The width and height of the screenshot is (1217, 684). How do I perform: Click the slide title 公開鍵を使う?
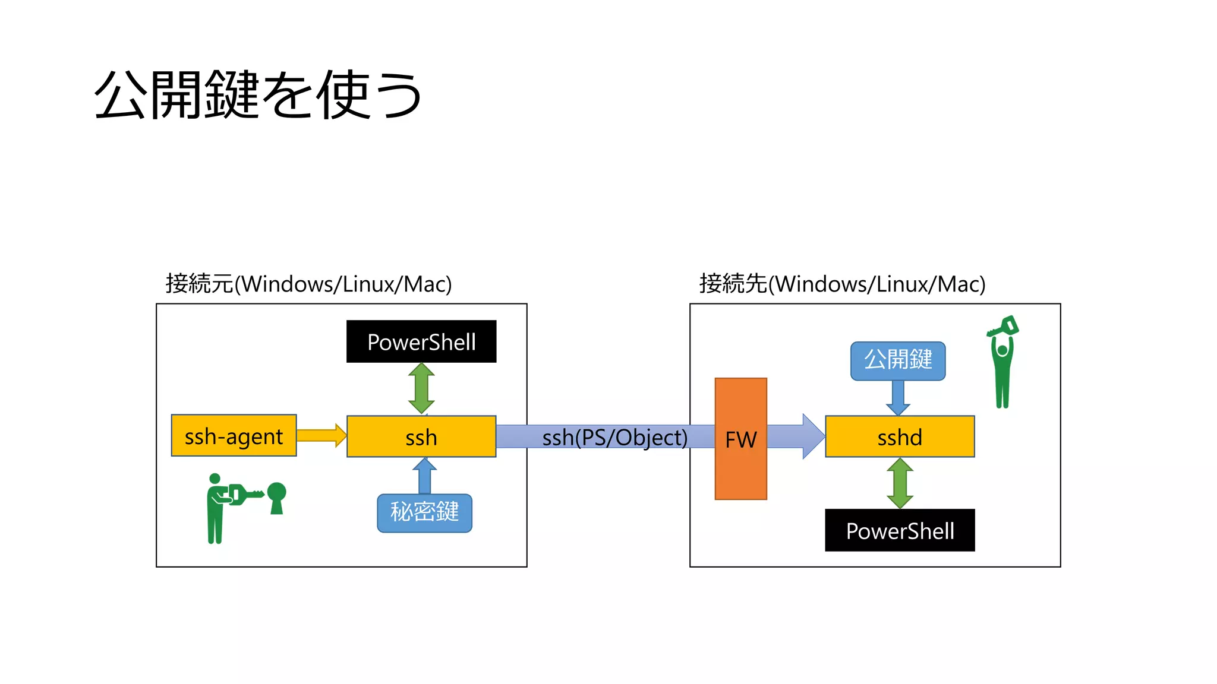pyautogui.click(x=257, y=95)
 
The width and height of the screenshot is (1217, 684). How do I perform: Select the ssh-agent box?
pyautogui.click(x=234, y=436)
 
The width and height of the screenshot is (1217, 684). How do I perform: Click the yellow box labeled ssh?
pyautogui.click(x=421, y=436)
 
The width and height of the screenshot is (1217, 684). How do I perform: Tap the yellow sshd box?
pyautogui.click(x=899, y=436)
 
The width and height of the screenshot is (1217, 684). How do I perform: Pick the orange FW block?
pyautogui.click(x=740, y=439)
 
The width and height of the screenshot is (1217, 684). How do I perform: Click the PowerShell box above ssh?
pyautogui.click(x=421, y=341)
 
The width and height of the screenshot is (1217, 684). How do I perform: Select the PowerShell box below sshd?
pyautogui.click(x=899, y=530)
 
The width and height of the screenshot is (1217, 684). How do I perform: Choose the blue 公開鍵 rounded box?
pyautogui.click(x=897, y=360)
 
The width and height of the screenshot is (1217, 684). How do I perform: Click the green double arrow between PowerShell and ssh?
pyautogui.click(x=421, y=388)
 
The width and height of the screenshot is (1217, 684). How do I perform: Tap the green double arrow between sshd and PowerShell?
pyautogui.click(x=900, y=483)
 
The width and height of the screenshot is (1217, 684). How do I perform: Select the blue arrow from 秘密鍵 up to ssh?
pyautogui.click(x=424, y=476)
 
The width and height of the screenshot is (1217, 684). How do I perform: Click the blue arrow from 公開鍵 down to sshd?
pyautogui.click(x=898, y=397)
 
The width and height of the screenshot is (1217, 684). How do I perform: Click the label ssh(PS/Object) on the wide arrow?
pyautogui.click(x=614, y=438)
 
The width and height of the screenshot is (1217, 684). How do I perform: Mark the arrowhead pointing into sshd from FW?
pyautogui.click(x=812, y=436)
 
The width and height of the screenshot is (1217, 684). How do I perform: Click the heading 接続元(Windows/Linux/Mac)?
pyautogui.click(x=308, y=284)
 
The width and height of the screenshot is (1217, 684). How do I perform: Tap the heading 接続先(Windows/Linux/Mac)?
pyautogui.click(x=842, y=284)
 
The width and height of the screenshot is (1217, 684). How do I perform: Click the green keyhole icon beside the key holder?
pyautogui.click(x=277, y=497)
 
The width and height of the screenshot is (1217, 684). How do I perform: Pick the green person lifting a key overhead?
pyautogui.click(x=1002, y=362)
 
